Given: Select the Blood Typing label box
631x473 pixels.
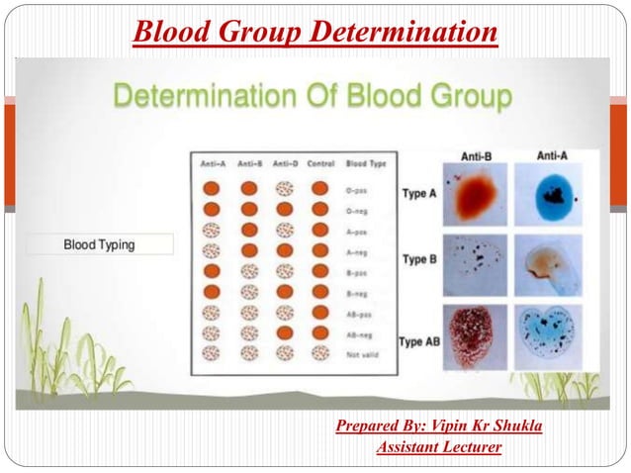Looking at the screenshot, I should click(x=100, y=243).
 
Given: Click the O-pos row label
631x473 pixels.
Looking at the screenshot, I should click(x=358, y=187).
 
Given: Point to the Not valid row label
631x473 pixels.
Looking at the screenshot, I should click(x=361, y=352).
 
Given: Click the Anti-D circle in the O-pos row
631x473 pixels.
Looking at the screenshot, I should click(x=284, y=187).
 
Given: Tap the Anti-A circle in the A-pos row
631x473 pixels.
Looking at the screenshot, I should click(x=212, y=229).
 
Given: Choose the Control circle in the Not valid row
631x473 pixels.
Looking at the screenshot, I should click(x=318, y=352).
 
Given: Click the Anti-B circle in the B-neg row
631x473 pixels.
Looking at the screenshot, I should click(x=249, y=291).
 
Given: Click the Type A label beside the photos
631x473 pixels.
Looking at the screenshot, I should click(x=418, y=194).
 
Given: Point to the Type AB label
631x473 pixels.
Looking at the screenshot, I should click(x=419, y=341).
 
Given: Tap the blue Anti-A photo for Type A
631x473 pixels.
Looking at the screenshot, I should click(x=551, y=195).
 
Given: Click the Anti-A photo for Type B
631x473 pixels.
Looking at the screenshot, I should click(x=551, y=265).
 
